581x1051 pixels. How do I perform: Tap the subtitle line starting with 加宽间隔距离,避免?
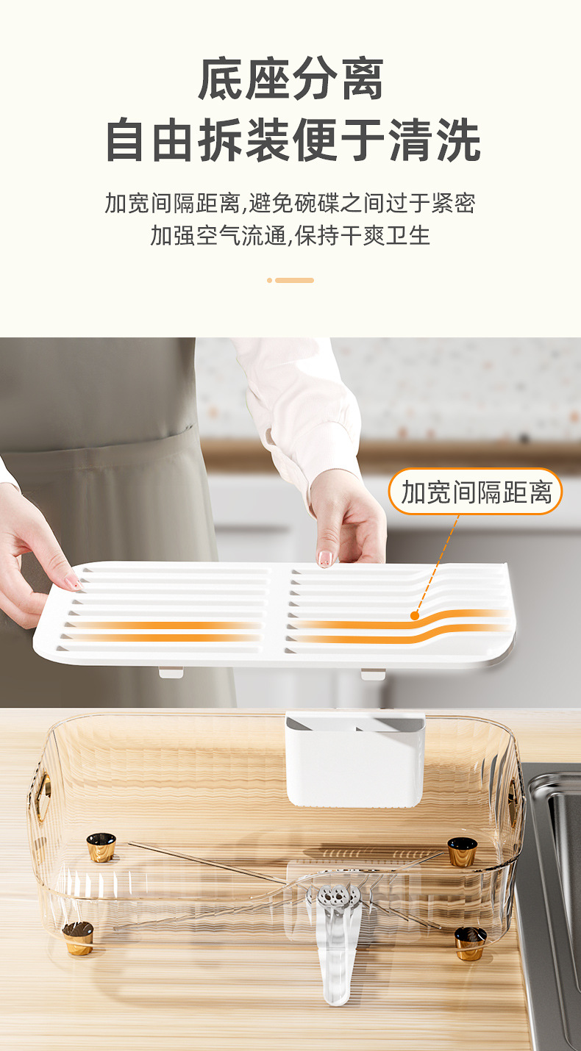tap(290, 202)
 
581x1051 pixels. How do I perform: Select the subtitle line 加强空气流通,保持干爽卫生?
tap(290, 235)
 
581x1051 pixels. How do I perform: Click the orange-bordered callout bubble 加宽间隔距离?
tap(475, 492)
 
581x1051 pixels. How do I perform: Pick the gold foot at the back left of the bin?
tap(101, 847)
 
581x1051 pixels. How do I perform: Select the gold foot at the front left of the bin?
tap(78, 939)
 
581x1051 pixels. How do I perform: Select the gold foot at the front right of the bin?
tap(470, 943)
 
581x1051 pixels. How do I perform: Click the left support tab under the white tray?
tap(171, 671)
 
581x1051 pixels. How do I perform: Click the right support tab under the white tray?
tap(372, 673)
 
